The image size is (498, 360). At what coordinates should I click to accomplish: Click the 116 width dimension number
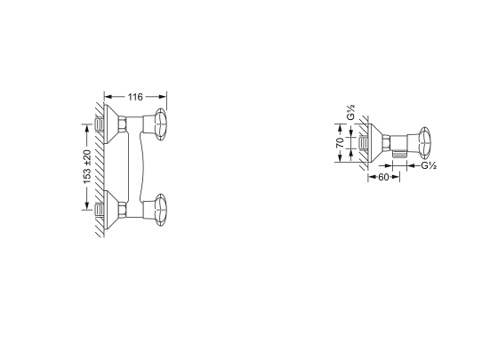135,97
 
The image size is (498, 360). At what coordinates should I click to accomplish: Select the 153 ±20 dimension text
87,166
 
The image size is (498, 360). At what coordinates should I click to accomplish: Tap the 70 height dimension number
340,142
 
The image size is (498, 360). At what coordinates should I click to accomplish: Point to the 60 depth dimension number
383,177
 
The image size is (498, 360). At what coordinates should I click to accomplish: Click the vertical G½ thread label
350,112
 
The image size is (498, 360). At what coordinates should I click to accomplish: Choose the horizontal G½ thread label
429,165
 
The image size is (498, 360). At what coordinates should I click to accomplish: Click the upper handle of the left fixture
161,124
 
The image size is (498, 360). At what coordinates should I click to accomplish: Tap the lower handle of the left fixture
161,210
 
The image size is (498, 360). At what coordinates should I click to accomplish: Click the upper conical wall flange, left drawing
111,124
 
